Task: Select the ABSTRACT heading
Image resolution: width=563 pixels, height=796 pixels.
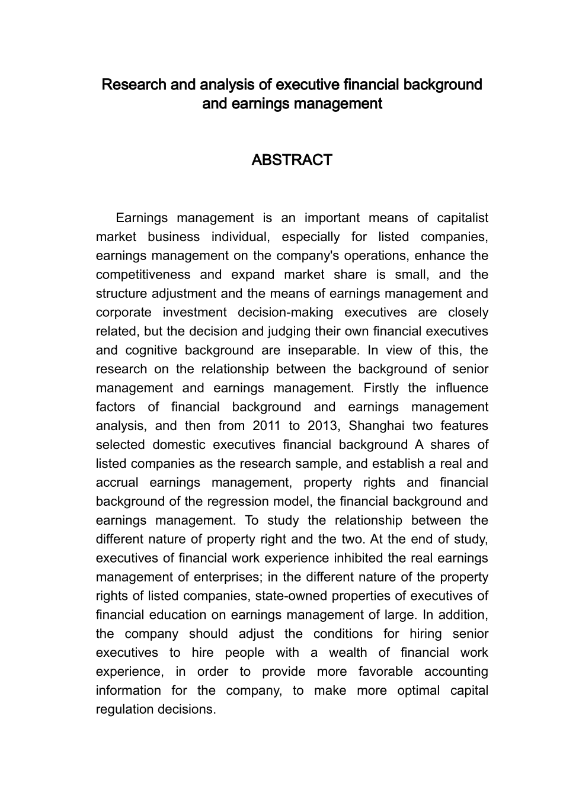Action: pos(292,161)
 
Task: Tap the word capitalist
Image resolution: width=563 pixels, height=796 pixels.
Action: pos(463,218)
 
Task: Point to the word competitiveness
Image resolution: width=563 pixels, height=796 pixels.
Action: pos(143,275)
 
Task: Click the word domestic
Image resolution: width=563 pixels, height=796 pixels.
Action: pos(178,445)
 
